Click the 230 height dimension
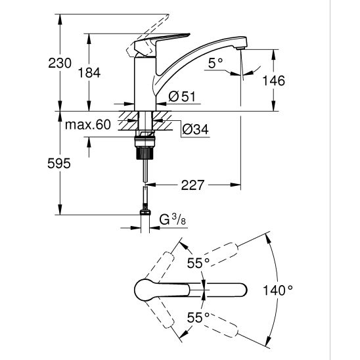pyautogui.click(x=60, y=63)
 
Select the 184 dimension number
pyautogui.click(x=89, y=73)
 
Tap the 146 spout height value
pyautogui.click(x=273, y=81)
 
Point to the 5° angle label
pyautogui.click(x=215, y=63)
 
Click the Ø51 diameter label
pyautogui.click(x=181, y=97)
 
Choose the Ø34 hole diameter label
pyautogui.click(x=195, y=129)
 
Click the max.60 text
pyautogui.click(x=88, y=125)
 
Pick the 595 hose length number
pyautogui.click(x=59, y=164)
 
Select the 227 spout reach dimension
pyautogui.click(x=192, y=185)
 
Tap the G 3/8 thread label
pyautogui.click(x=172, y=220)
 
